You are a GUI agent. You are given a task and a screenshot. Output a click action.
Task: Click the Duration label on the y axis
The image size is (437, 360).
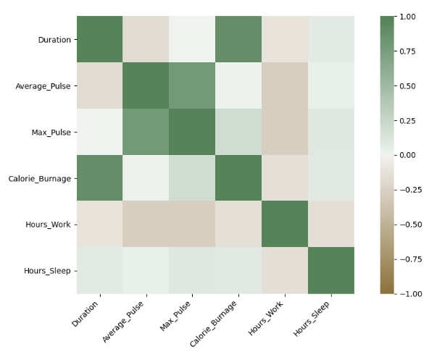(54, 40)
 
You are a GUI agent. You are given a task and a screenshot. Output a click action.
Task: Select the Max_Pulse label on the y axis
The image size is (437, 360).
(51, 132)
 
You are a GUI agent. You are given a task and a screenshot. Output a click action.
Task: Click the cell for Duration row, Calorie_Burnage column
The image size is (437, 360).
(238, 40)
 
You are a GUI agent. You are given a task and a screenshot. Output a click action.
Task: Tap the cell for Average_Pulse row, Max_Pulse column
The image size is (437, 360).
(192, 85)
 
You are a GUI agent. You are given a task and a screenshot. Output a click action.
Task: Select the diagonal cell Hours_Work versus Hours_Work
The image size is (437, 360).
(285, 225)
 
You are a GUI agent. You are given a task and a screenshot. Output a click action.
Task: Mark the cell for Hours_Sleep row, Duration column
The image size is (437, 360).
(100, 270)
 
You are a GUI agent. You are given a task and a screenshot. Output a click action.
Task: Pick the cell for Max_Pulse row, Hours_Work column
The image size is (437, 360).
(285, 132)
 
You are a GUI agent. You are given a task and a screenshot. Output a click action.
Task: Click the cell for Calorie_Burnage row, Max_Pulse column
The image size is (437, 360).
(192, 178)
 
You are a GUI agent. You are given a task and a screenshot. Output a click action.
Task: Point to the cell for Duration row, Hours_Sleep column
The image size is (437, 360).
(331, 40)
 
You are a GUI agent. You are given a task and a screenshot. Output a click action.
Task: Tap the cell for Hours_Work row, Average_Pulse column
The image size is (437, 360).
(146, 225)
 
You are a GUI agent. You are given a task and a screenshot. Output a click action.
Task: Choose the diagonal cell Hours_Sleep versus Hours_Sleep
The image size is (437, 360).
(331, 270)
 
